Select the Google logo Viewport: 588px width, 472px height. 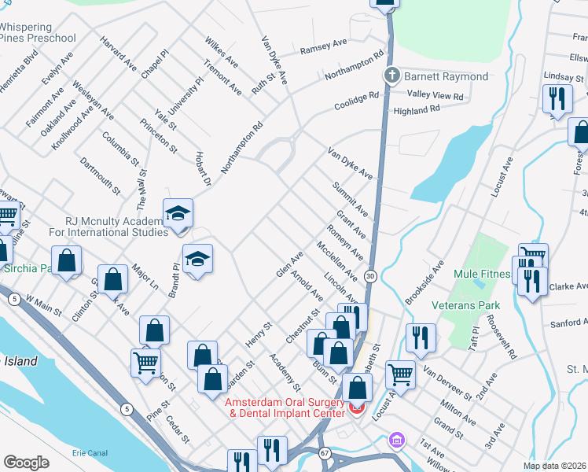tap(26, 463)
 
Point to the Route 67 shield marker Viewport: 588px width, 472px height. tap(325, 452)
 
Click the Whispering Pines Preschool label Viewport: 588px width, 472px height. tap(38, 31)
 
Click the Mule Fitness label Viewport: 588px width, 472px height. tap(482, 275)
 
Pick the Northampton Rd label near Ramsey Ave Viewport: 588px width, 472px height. tap(356, 68)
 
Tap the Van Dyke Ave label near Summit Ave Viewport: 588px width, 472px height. tap(350, 164)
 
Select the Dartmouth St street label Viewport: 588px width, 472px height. tap(101, 175)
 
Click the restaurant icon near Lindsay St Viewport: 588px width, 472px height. tap(557, 99)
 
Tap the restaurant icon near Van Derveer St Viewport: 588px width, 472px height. tap(421, 337)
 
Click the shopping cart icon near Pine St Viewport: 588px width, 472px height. tap(146, 364)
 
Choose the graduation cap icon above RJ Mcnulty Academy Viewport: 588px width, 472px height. tap(178, 212)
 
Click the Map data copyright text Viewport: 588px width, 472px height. tap(555, 466)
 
